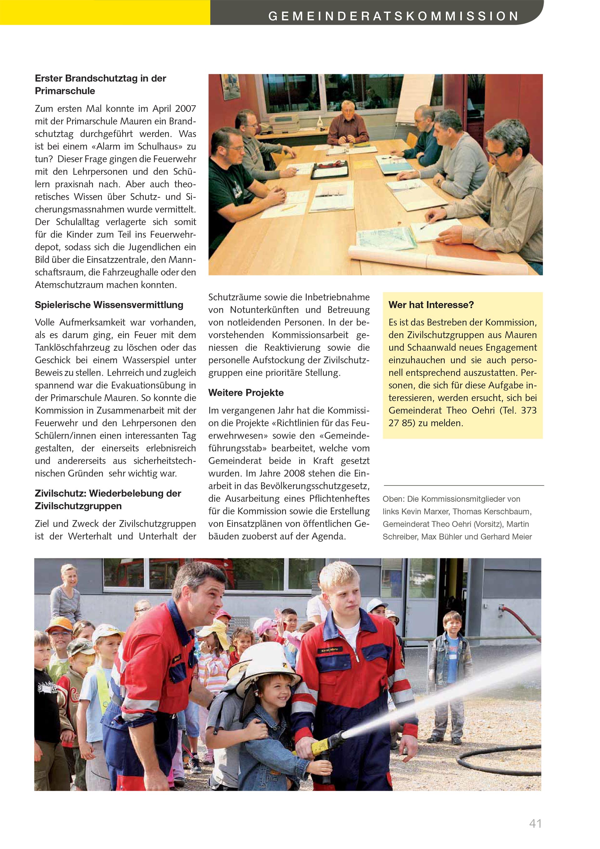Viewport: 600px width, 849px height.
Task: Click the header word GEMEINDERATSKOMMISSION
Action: (393, 16)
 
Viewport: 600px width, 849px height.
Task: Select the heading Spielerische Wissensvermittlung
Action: (109, 305)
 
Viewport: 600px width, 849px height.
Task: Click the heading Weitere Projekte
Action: (246, 393)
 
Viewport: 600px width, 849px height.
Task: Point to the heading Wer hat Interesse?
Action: (431, 305)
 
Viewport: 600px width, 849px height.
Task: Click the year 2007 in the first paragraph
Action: (185, 109)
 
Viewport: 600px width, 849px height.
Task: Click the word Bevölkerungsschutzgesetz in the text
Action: (315, 486)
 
